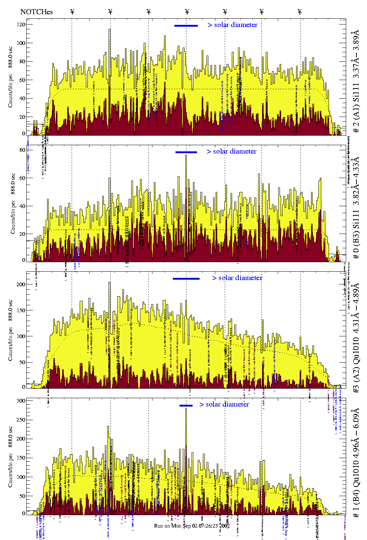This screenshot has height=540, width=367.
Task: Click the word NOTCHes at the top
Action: click(x=37, y=12)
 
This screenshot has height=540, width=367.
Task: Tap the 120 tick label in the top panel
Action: click(x=21, y=24)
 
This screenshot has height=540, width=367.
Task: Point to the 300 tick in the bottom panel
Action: click(x=21, y=401)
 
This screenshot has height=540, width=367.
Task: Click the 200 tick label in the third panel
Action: click(x=21, y=284)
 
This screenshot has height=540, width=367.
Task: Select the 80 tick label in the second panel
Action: click(x=23, y=150)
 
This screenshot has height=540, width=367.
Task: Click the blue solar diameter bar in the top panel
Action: click(x=186, y=26)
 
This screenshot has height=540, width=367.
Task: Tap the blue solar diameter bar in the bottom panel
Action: click(x=186, y=405)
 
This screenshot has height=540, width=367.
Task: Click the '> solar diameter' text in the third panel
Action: click(x=237, y=278)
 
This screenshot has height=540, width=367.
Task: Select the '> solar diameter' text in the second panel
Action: click(x=231, y=151)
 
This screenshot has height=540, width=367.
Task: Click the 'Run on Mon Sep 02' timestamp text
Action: click(x=192, y=526)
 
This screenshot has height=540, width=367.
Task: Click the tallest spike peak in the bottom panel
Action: click(x=186, y=409)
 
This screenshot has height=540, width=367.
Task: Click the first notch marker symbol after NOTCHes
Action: click(x=72, y=12)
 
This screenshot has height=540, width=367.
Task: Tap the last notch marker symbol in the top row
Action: click(x=300, y=12)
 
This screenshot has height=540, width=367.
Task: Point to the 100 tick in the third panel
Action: click(x=21, y=336)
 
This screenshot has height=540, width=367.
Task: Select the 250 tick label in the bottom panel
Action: click(x=21, y=420)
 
